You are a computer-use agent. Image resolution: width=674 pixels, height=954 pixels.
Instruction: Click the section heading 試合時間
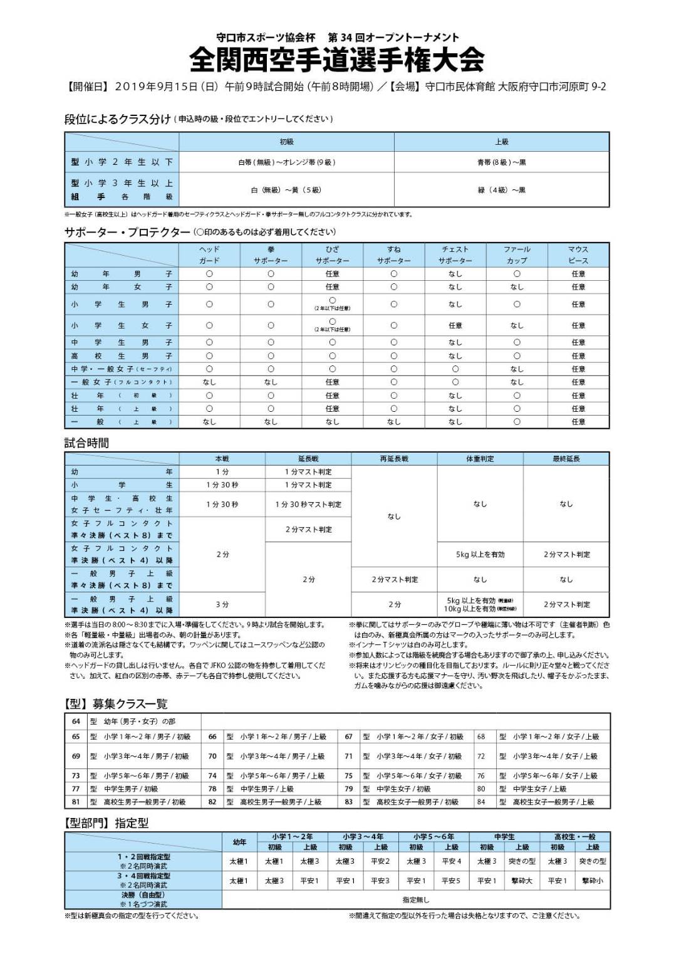coord(86,443)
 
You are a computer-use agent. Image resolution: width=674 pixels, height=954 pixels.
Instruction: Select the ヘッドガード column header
coord(209,254)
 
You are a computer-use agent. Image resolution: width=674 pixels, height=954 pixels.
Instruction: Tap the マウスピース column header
coord(578,254)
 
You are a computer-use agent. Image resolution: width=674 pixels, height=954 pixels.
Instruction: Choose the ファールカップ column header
coord(517,254)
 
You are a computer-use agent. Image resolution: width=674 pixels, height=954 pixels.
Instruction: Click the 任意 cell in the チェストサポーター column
coord(455,325)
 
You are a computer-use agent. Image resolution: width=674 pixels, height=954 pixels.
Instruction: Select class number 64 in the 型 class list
coord(76,721)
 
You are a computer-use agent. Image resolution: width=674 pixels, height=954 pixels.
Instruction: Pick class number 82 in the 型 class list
coord(212,802)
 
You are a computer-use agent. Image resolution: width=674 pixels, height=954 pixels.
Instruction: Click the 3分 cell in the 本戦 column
coord(222,604)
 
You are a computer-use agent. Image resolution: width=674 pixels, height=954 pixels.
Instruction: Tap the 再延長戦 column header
coord(394,459)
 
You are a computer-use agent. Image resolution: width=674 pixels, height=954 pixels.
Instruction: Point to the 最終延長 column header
coord(566,459)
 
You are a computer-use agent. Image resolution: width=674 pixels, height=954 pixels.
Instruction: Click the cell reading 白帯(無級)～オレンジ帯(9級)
coord(286,162)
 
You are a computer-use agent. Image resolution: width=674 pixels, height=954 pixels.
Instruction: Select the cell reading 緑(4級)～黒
coord(501,190)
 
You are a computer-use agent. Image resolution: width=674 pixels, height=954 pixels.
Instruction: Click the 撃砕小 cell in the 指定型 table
coord(592,881)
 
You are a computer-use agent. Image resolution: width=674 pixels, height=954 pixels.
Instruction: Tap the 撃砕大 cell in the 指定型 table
coord(521,881)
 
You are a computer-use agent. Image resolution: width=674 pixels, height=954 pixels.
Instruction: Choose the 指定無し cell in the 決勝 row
coord(416,899)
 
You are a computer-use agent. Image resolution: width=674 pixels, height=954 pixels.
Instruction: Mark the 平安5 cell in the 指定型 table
coord(450,881)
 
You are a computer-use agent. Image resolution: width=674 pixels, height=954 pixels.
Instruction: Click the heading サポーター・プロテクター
coord(127,233)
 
